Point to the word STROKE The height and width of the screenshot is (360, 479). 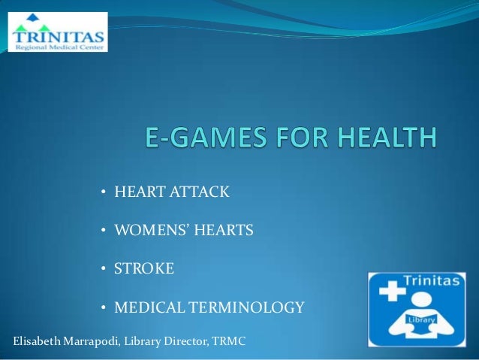point(143,268)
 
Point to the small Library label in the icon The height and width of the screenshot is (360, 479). point(422,319)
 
